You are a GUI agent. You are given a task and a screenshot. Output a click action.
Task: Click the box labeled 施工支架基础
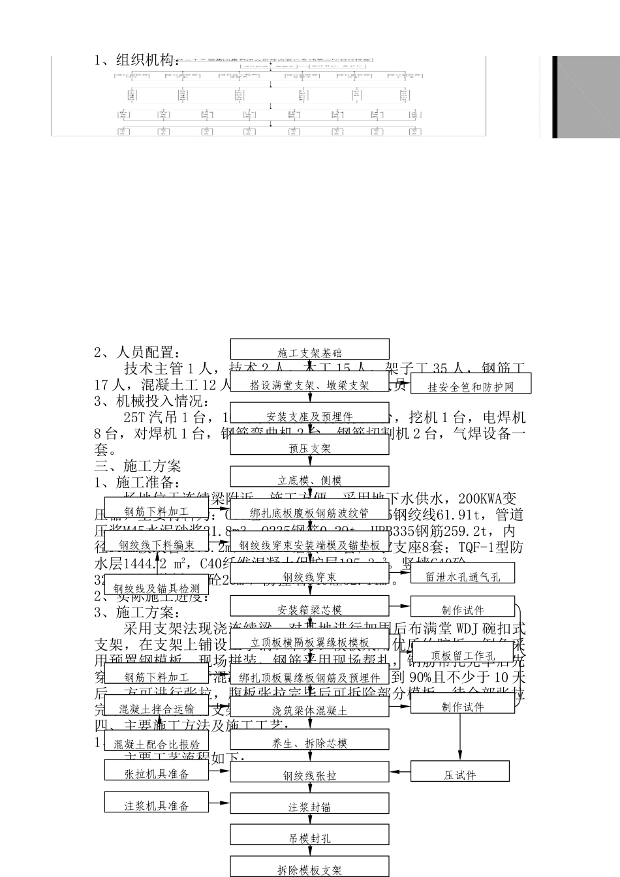point(309,350)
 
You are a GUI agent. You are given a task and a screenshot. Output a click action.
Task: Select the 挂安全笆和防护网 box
point(470,384)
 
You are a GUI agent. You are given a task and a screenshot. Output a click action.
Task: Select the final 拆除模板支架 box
point(309,867)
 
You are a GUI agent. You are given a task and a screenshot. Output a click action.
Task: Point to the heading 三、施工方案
point(138,466)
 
